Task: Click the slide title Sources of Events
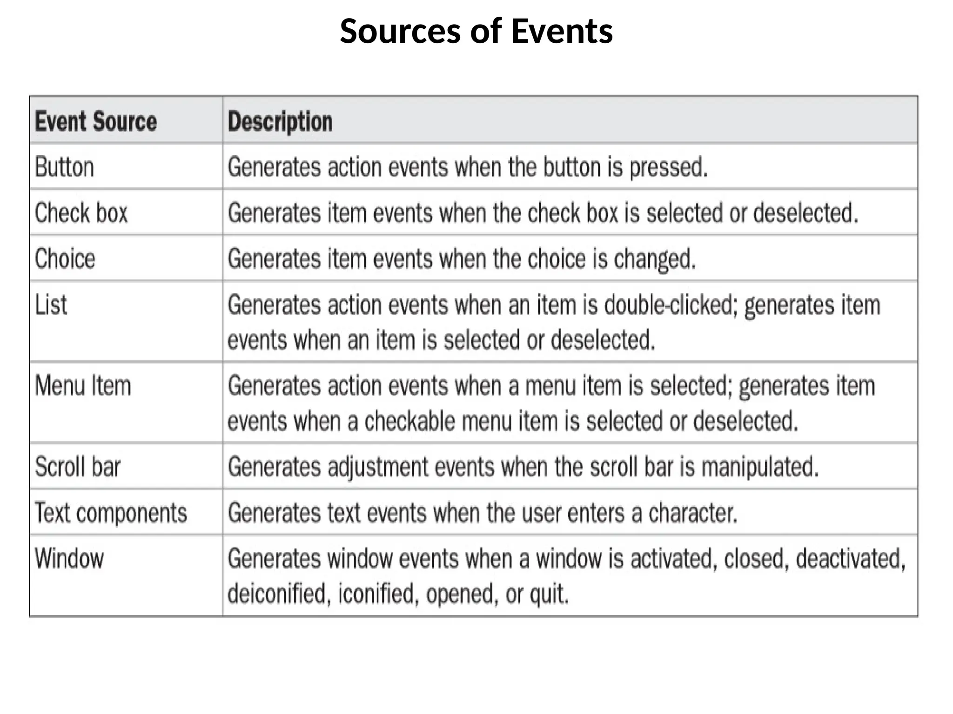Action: click(476, 32)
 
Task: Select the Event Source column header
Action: click(96, 122)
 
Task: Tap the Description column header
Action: click(280, 122)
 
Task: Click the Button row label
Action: click(64, 167)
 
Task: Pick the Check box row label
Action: click(81, 213)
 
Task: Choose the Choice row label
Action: click(65, 258)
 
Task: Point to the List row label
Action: click(51, 305)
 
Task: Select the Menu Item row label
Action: click(83, 386)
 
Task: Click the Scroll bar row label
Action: click(78, 467)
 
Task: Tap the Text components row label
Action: click(111, 513)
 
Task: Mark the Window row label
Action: click(69, 558)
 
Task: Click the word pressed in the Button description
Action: click(668, 167)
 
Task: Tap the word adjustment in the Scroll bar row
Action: click(377, 467)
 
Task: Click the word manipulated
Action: click(759, 467)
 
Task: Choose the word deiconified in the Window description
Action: click(279, 594)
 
